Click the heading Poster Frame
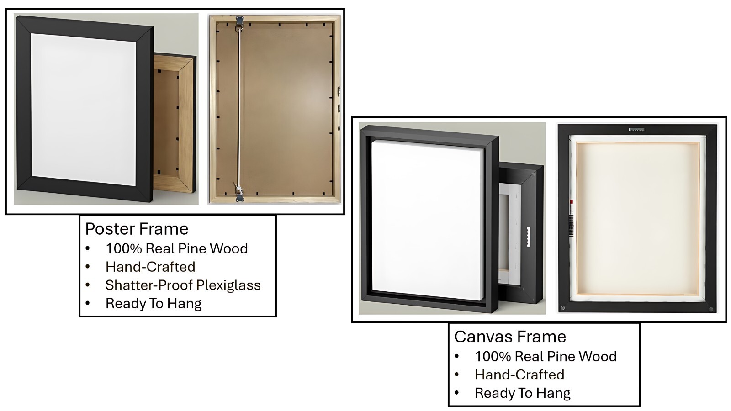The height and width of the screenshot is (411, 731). pyautogui.click(x=137, y=229)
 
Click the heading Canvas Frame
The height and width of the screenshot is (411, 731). pyautogui.click(x=510, y=337)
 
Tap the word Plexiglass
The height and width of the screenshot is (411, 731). pyautogui.click(x=228, y=285)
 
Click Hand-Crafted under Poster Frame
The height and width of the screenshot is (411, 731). pyautogui.click(x=150, y=267)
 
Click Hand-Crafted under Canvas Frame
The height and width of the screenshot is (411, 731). pyautogui.click(x=519, y=375)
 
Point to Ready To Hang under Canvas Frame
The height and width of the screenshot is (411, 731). pyautogui.click(x=523, y=393)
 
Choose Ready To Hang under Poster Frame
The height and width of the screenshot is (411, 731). pyautogui.click(x=154, y=304)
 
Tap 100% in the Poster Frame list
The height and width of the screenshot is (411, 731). pyautogui.click(x=124, y=248)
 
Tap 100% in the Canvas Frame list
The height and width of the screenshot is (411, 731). pyautogui.click(x=493, y=357)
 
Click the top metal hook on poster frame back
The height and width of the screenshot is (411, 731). pyautogui.click(x=240, y=22)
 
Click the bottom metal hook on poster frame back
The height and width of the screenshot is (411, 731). pyautogui.click(x=239, y=194)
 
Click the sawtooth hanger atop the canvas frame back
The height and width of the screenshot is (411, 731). pyautogui.click(x=636, y=130)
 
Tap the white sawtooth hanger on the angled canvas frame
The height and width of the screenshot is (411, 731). pyautogui.click(x=528, y=237)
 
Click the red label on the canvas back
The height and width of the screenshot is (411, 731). pyautogui.click(x=571, y=202)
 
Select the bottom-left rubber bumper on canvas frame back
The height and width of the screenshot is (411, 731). pyautogui.click(x=562, y=308)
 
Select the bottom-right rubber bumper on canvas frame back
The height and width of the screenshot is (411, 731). pyautogui.click(x=711, y=309)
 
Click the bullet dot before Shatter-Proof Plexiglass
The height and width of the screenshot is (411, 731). pyautogui.click(x=87, y=285)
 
